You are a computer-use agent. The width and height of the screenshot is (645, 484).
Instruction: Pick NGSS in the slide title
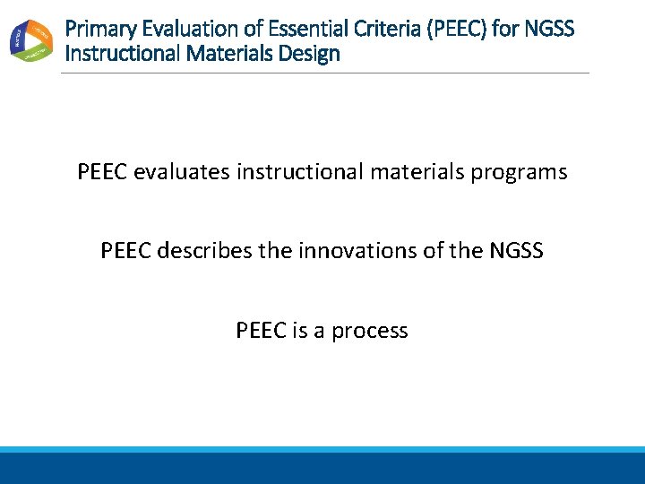coord(550,29)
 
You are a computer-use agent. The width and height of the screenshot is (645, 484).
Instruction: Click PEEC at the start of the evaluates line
coord(103,172)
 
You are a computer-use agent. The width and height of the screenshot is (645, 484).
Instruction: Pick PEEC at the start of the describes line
coord(126,251)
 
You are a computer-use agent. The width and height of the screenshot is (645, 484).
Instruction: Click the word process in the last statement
coord(370,332)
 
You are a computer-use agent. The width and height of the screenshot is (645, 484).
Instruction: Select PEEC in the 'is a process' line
coord(262,331)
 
